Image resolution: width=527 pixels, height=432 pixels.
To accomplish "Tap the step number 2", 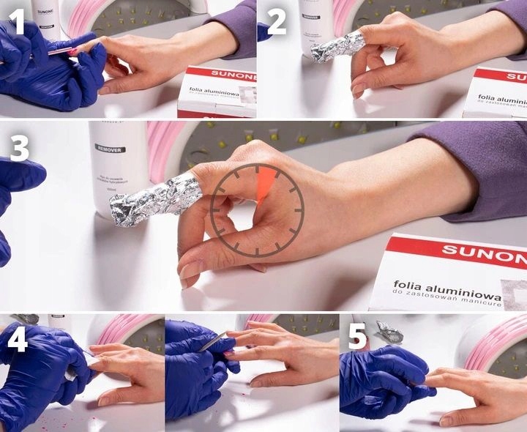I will pyautogui.click(x=277, y=22).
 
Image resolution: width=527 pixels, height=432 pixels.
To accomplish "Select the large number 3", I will pyautogui.click(x=19, y=148).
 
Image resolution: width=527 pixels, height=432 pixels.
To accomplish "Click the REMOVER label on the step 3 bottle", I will pyautogui.click(x=110, y=149).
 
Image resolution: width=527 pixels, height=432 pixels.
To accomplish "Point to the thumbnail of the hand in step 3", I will pyautogui.click(x=189, y=272).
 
